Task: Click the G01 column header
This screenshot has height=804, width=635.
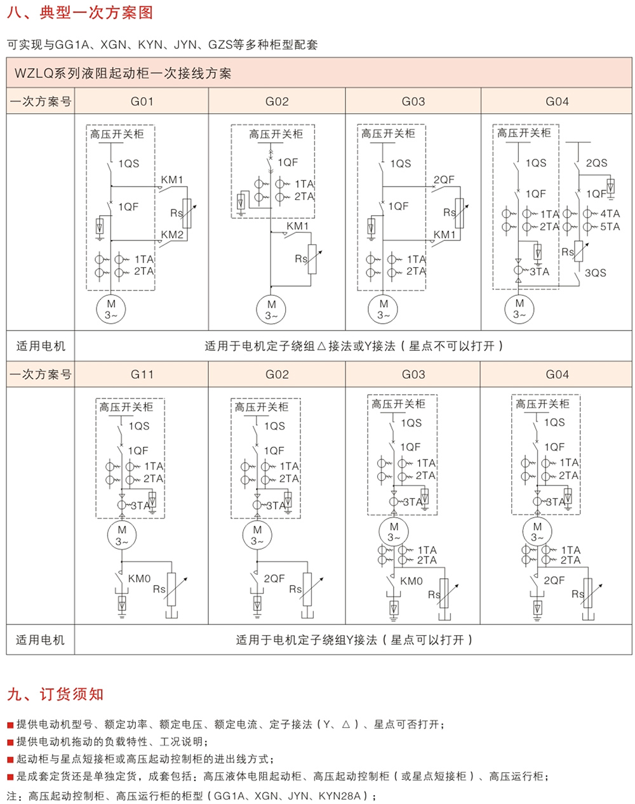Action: click(x=142, y=102)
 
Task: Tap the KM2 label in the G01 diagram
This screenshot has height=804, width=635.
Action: click(x=172, y=234)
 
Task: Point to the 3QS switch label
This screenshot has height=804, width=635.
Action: click(x=596, y=272)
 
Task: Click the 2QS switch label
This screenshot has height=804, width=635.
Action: click(x=596, y=163)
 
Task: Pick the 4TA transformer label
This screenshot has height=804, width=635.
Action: click(x=610, y=213)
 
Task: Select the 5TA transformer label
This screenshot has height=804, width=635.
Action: click(x=610, y=227)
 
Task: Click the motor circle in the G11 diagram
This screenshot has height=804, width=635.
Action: click(x=122, y=535)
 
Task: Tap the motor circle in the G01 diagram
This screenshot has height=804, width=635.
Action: click(x=110, y=309)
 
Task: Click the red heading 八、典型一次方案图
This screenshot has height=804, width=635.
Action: click(x=80, y=12)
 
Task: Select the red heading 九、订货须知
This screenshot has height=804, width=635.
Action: click(x=55, y=694)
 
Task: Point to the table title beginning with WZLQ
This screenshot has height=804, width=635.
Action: click(x=123, y=73)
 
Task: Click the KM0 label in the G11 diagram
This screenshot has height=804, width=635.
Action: click(x=139, y=579)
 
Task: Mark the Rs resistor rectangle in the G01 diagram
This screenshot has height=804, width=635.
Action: click(x=187, y=213)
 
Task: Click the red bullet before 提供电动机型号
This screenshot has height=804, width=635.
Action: click(x=10, y=725)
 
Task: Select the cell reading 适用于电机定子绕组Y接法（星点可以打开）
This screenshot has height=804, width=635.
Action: click(x=354, y=640)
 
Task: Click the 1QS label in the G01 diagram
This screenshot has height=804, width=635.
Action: click(x=129, y=163)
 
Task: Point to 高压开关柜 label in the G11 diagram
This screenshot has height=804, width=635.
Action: click(x=126, y=407)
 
